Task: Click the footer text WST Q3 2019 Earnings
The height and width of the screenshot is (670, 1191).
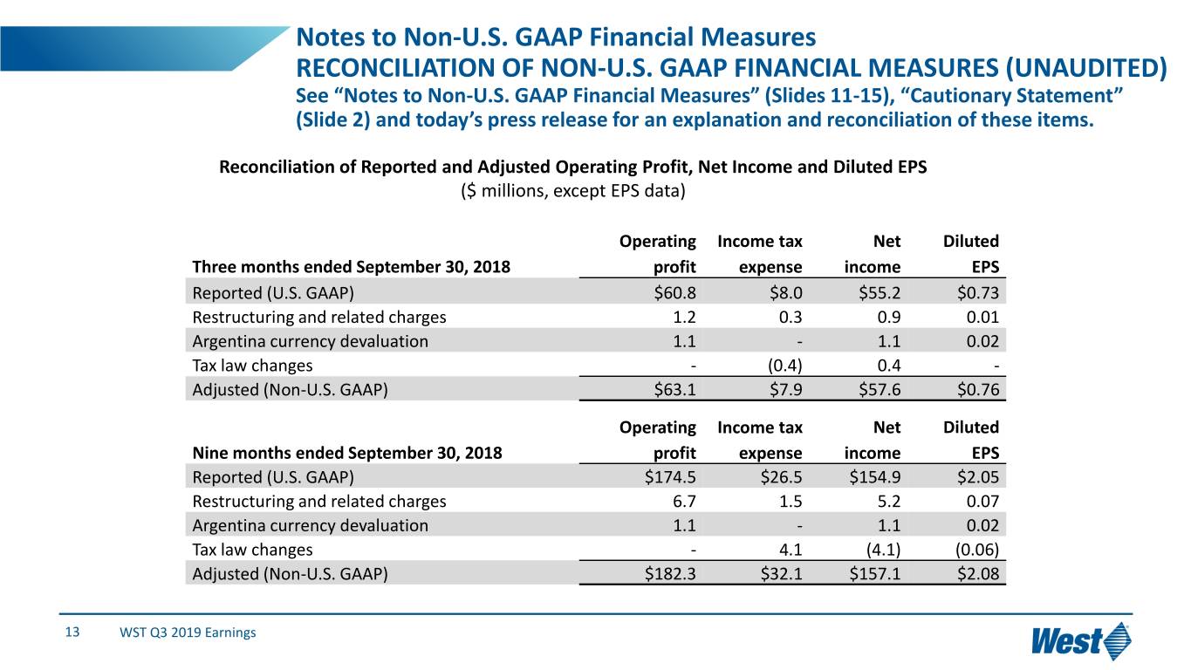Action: [188, 632]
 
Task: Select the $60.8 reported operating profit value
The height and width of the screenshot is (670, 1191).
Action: [674, 292]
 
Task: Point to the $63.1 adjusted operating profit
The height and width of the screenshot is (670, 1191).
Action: [674, 390]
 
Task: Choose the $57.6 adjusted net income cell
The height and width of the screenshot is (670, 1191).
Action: [879, 390]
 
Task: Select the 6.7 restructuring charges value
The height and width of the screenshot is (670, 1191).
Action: [683, 502]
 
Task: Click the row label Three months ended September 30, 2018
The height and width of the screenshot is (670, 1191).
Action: [351, 267]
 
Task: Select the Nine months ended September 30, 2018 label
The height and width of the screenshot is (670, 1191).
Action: [346, 453]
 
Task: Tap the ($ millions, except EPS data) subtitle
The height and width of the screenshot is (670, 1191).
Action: [572, 191]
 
